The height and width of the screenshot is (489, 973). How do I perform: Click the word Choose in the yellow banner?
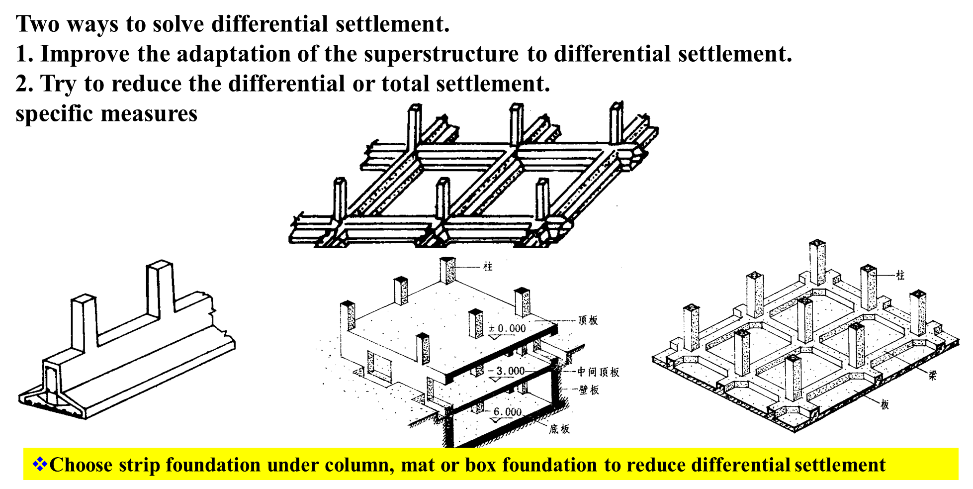(81, 465)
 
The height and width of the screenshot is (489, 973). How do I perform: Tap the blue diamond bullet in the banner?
(40, 464)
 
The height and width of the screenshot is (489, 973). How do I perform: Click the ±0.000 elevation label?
(507, 328)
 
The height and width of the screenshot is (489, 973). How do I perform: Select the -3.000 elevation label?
(507, 371)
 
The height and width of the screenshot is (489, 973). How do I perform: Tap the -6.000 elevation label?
(507, 412)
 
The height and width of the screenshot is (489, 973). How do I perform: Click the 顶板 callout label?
(588, 320)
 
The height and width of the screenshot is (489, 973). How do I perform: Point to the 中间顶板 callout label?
(598, 372)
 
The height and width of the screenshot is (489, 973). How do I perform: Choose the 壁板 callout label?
(589, 390)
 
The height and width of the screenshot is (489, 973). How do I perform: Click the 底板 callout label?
(559, 429)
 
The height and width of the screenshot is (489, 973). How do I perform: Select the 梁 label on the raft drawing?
(933, 376)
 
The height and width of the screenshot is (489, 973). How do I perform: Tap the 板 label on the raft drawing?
(885, 405)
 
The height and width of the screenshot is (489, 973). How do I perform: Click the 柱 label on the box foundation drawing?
(488, 267)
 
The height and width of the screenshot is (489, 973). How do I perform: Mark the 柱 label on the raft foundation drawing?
(900, 275)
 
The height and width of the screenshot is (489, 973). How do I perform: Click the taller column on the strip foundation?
(161, 289)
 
